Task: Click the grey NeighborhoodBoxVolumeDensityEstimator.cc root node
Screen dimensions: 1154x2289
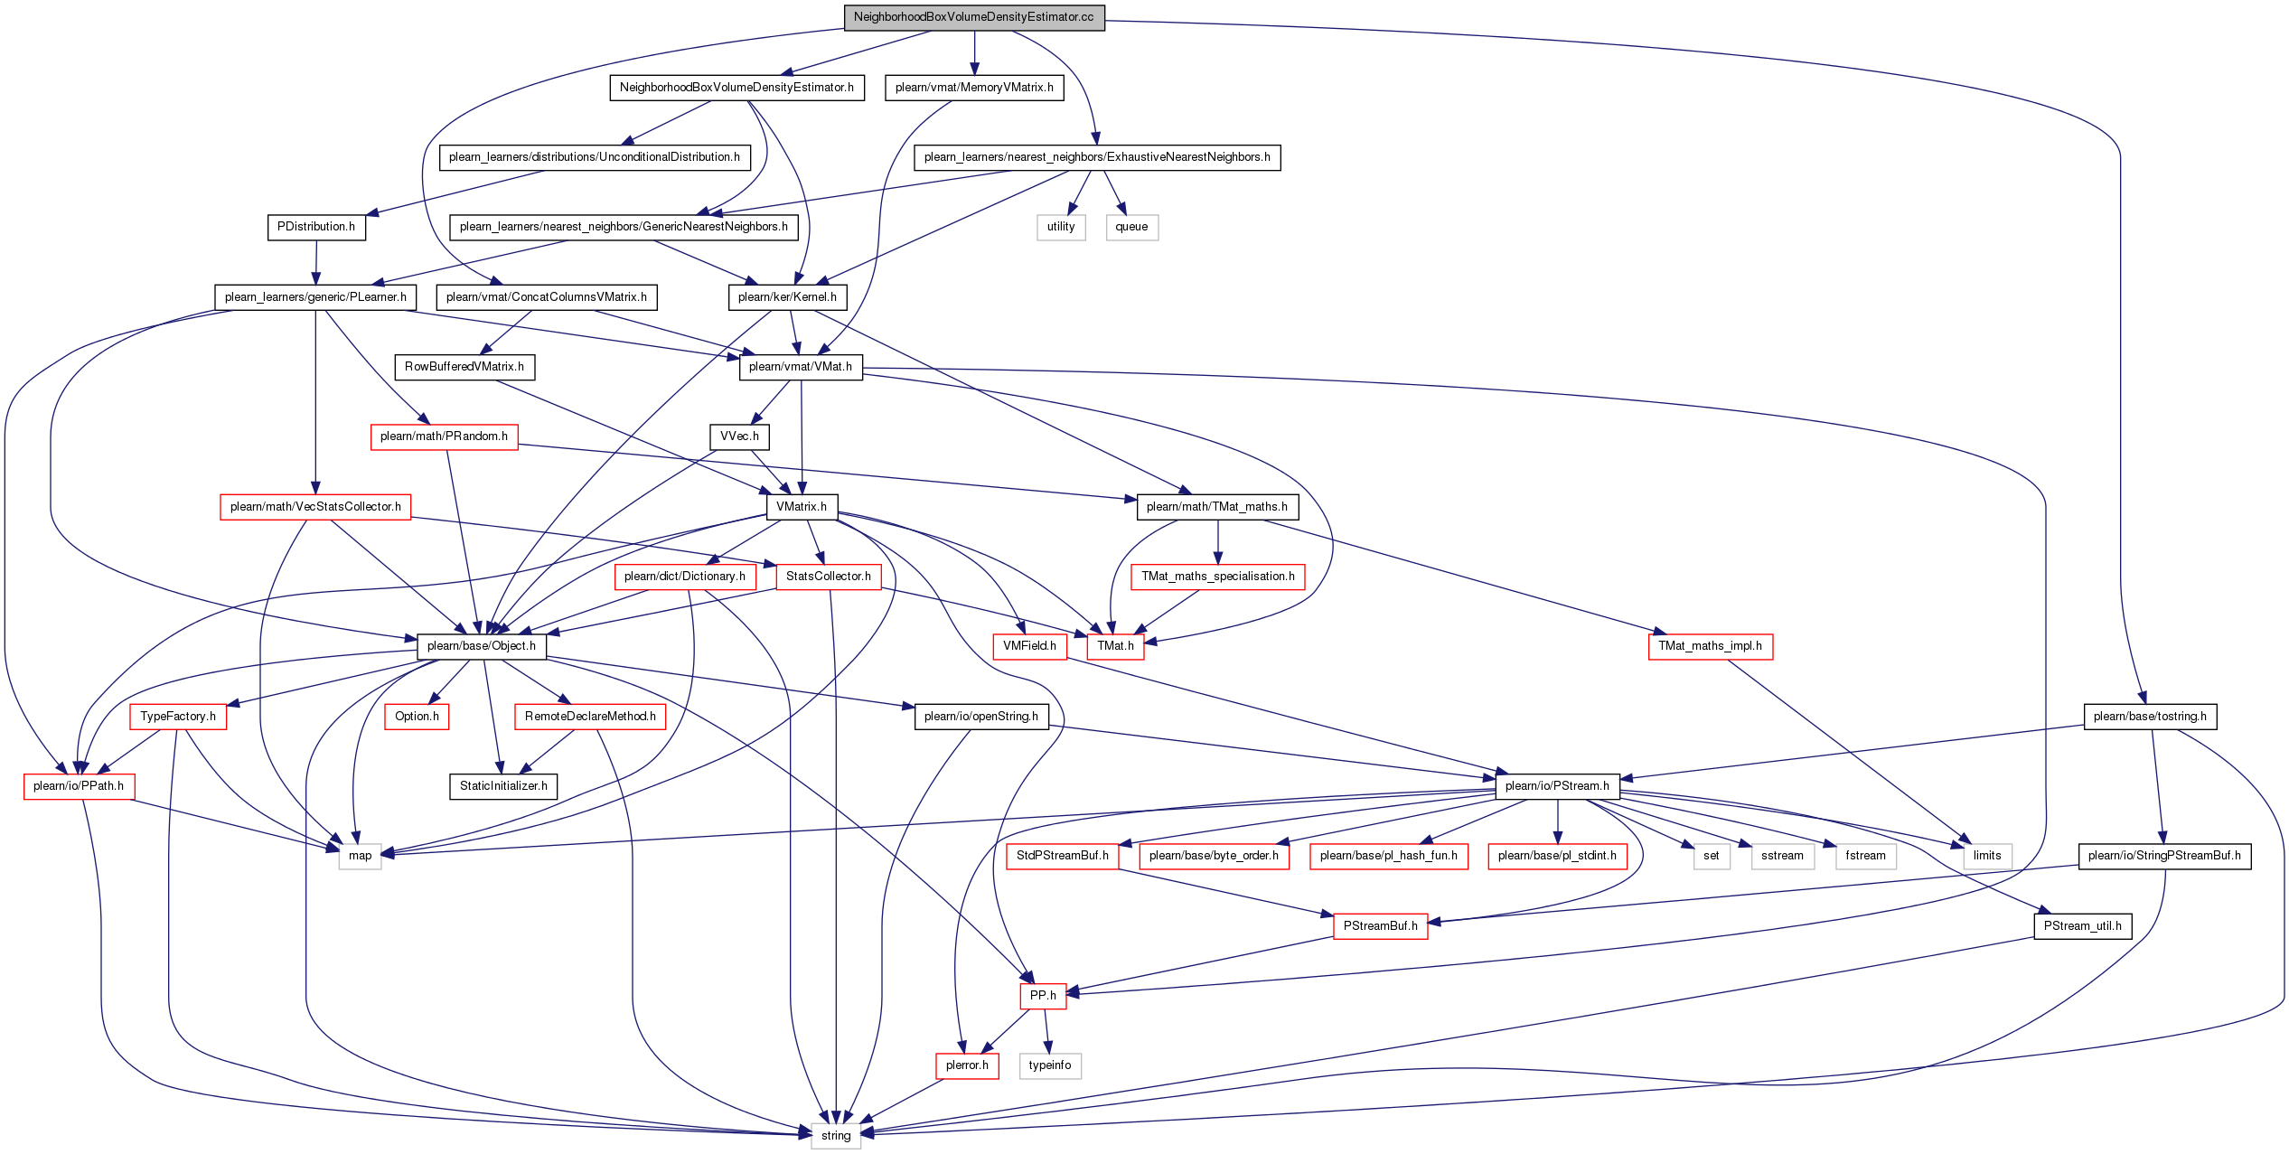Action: pyautogui.click(x=973, y=17)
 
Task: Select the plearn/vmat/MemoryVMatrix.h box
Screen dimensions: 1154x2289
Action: pyautogui.click(x=974, y=88)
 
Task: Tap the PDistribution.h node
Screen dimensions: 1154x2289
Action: pyautogui.click(x=316, y=227)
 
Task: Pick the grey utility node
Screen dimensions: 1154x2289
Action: pyautogui.click(x=1061, y=227)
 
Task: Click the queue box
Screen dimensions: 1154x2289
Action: pyautogui.click(x=1131, y=227)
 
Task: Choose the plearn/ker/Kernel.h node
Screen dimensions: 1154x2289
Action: pyautogui.click(x=787, y=297)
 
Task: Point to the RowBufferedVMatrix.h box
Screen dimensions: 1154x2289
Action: pyautogui.click(x=464, y=367)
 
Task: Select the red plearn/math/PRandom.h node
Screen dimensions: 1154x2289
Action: pyautogui.click(x=444, y=436)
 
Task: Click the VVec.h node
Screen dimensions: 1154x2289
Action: pyautogui.click(x=739, y=436)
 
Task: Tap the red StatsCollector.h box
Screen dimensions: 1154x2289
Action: pyautogui.click(x=829, y=577)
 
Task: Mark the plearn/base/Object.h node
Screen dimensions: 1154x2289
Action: pyautogui.click(x=482, y=646)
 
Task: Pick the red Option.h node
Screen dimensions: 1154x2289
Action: pyautogui.click(x=417, y=717)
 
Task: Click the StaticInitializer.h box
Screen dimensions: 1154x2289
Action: pyautogui.click(x=503, y=786)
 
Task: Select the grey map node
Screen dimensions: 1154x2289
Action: pyautogui.click(x=361, y=856)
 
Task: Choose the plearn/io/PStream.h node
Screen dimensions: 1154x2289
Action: pyautogui.click(x=1557, y=786)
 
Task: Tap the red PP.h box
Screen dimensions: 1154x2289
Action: pyautogui.click(x=1043, y=996)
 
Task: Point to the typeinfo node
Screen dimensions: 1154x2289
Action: pyautogui.click(x=1050, y=1065)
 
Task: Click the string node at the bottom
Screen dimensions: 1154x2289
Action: pyautogui.click(x=836, y=1136)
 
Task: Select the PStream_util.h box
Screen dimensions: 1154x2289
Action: pyautogui.click(x=2083, y=926)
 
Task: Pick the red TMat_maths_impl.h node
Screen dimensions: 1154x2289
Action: pyautogui.click(x=1710, y=646)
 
